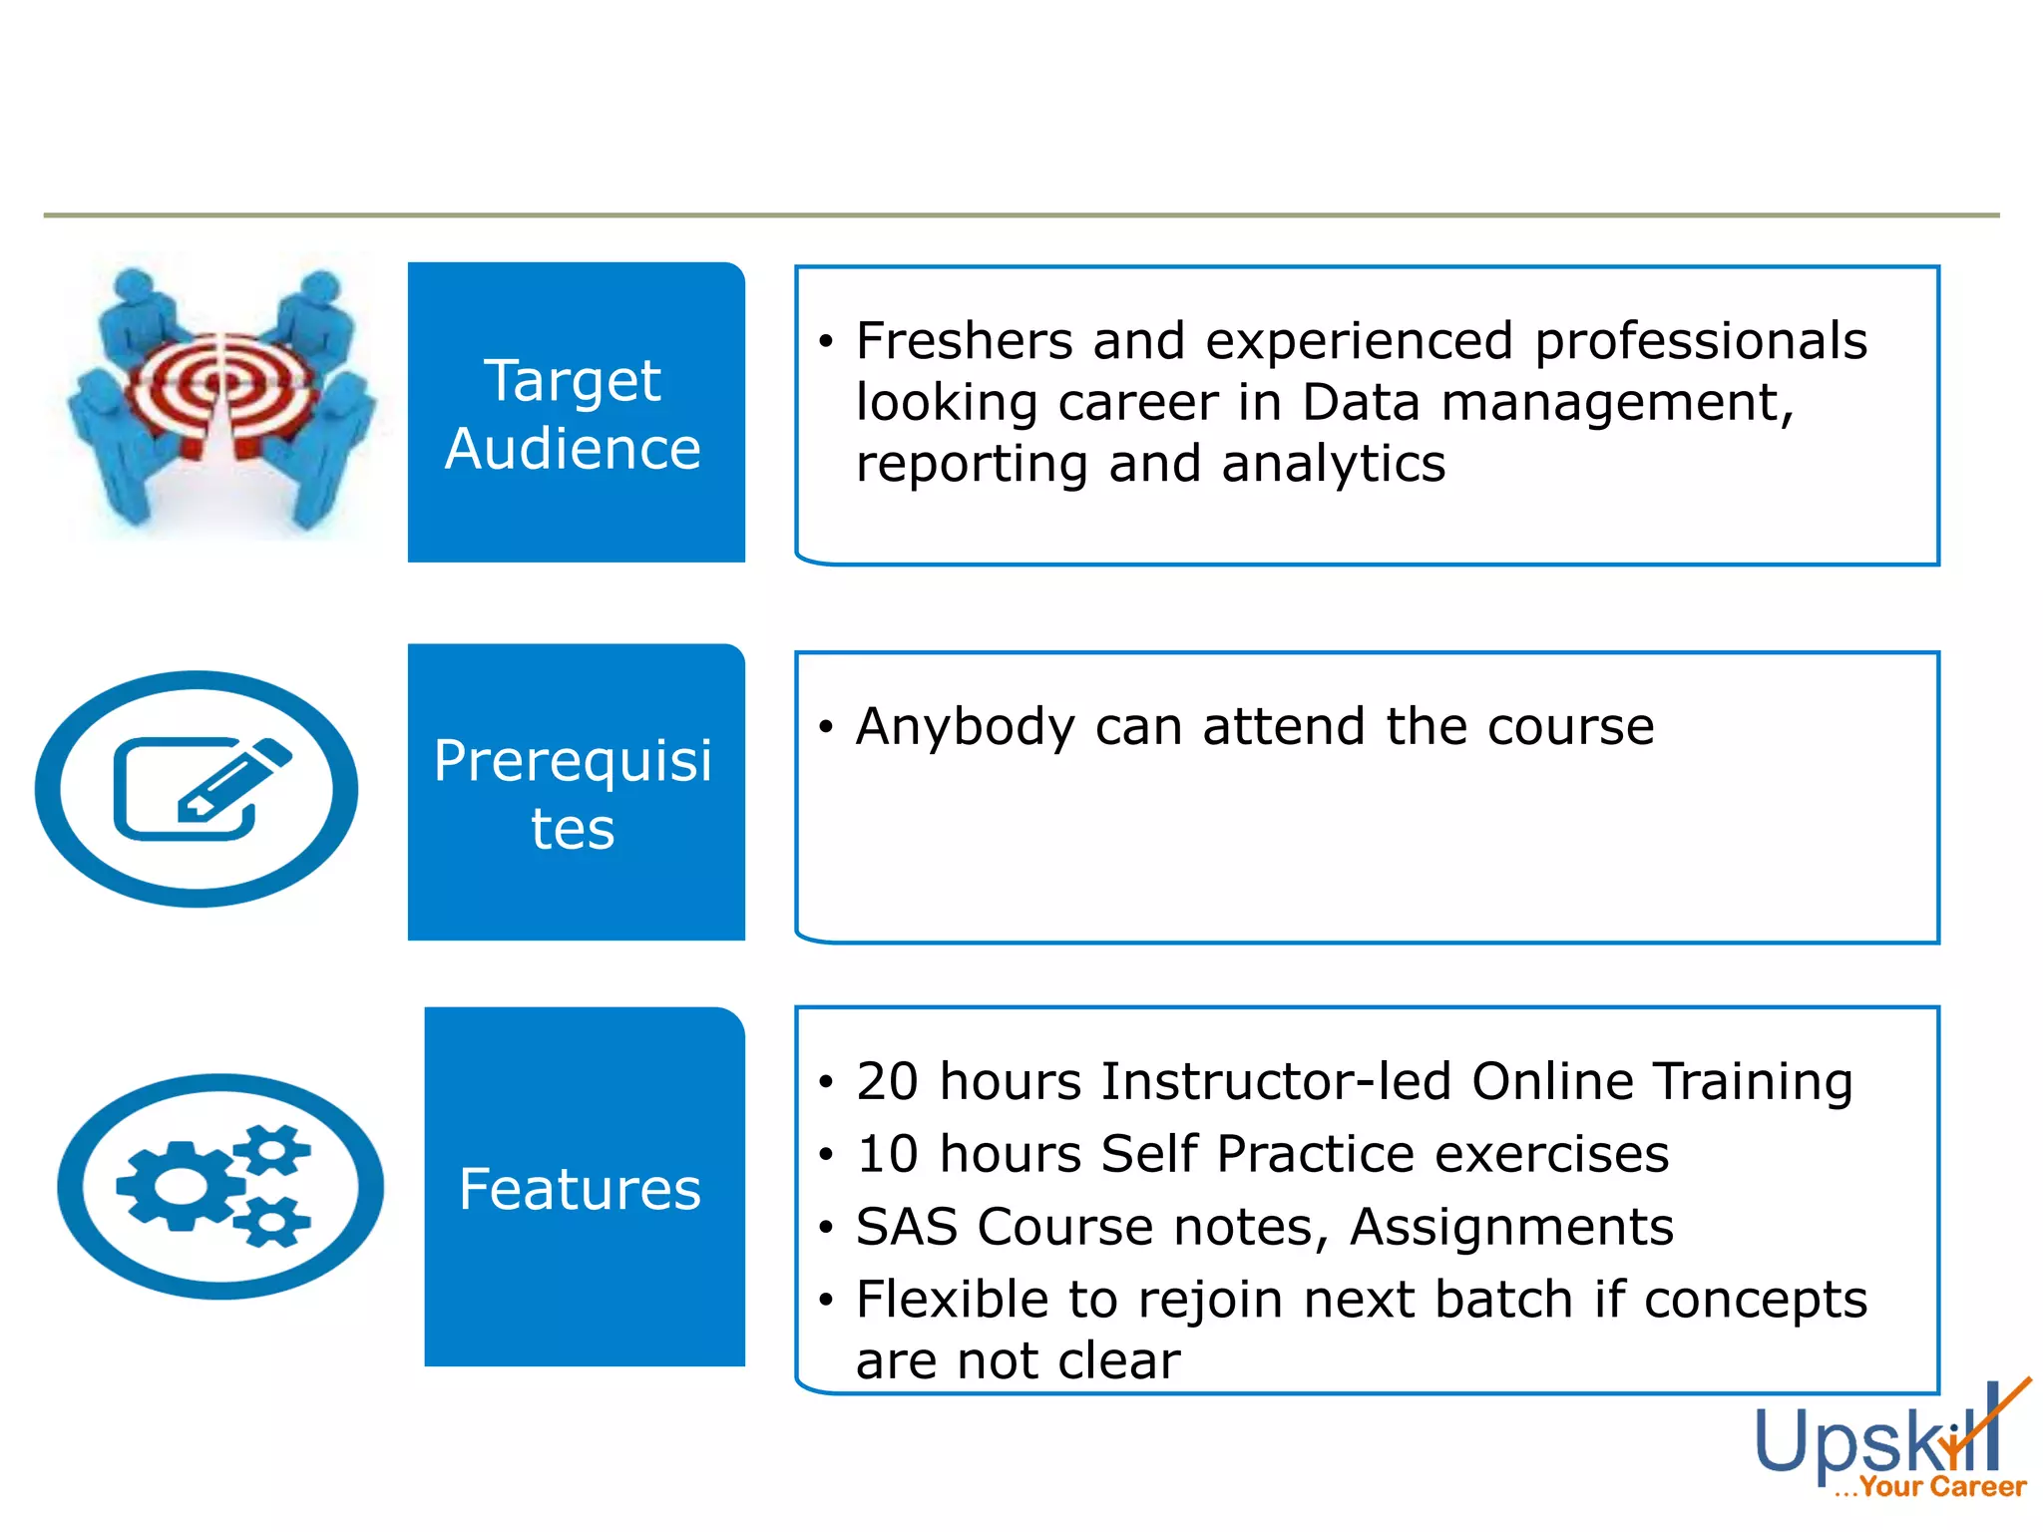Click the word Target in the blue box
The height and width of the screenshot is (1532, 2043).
[572, 381]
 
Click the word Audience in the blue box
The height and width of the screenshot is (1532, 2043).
[573, 449]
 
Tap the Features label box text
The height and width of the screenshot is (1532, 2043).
[580, 1189]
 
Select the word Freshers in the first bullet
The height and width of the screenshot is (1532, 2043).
[964, 341]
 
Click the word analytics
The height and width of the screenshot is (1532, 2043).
[1333, 465]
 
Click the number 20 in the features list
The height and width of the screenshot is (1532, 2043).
[887, 1082]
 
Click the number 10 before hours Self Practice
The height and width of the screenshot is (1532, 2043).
[887, 1155]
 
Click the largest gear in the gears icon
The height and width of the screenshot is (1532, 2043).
[181, 1185]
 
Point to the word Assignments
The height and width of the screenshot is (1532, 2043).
[1510, 1227]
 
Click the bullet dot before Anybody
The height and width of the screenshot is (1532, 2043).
[825, 727]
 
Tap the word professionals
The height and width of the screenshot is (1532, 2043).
[1700, 341]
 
